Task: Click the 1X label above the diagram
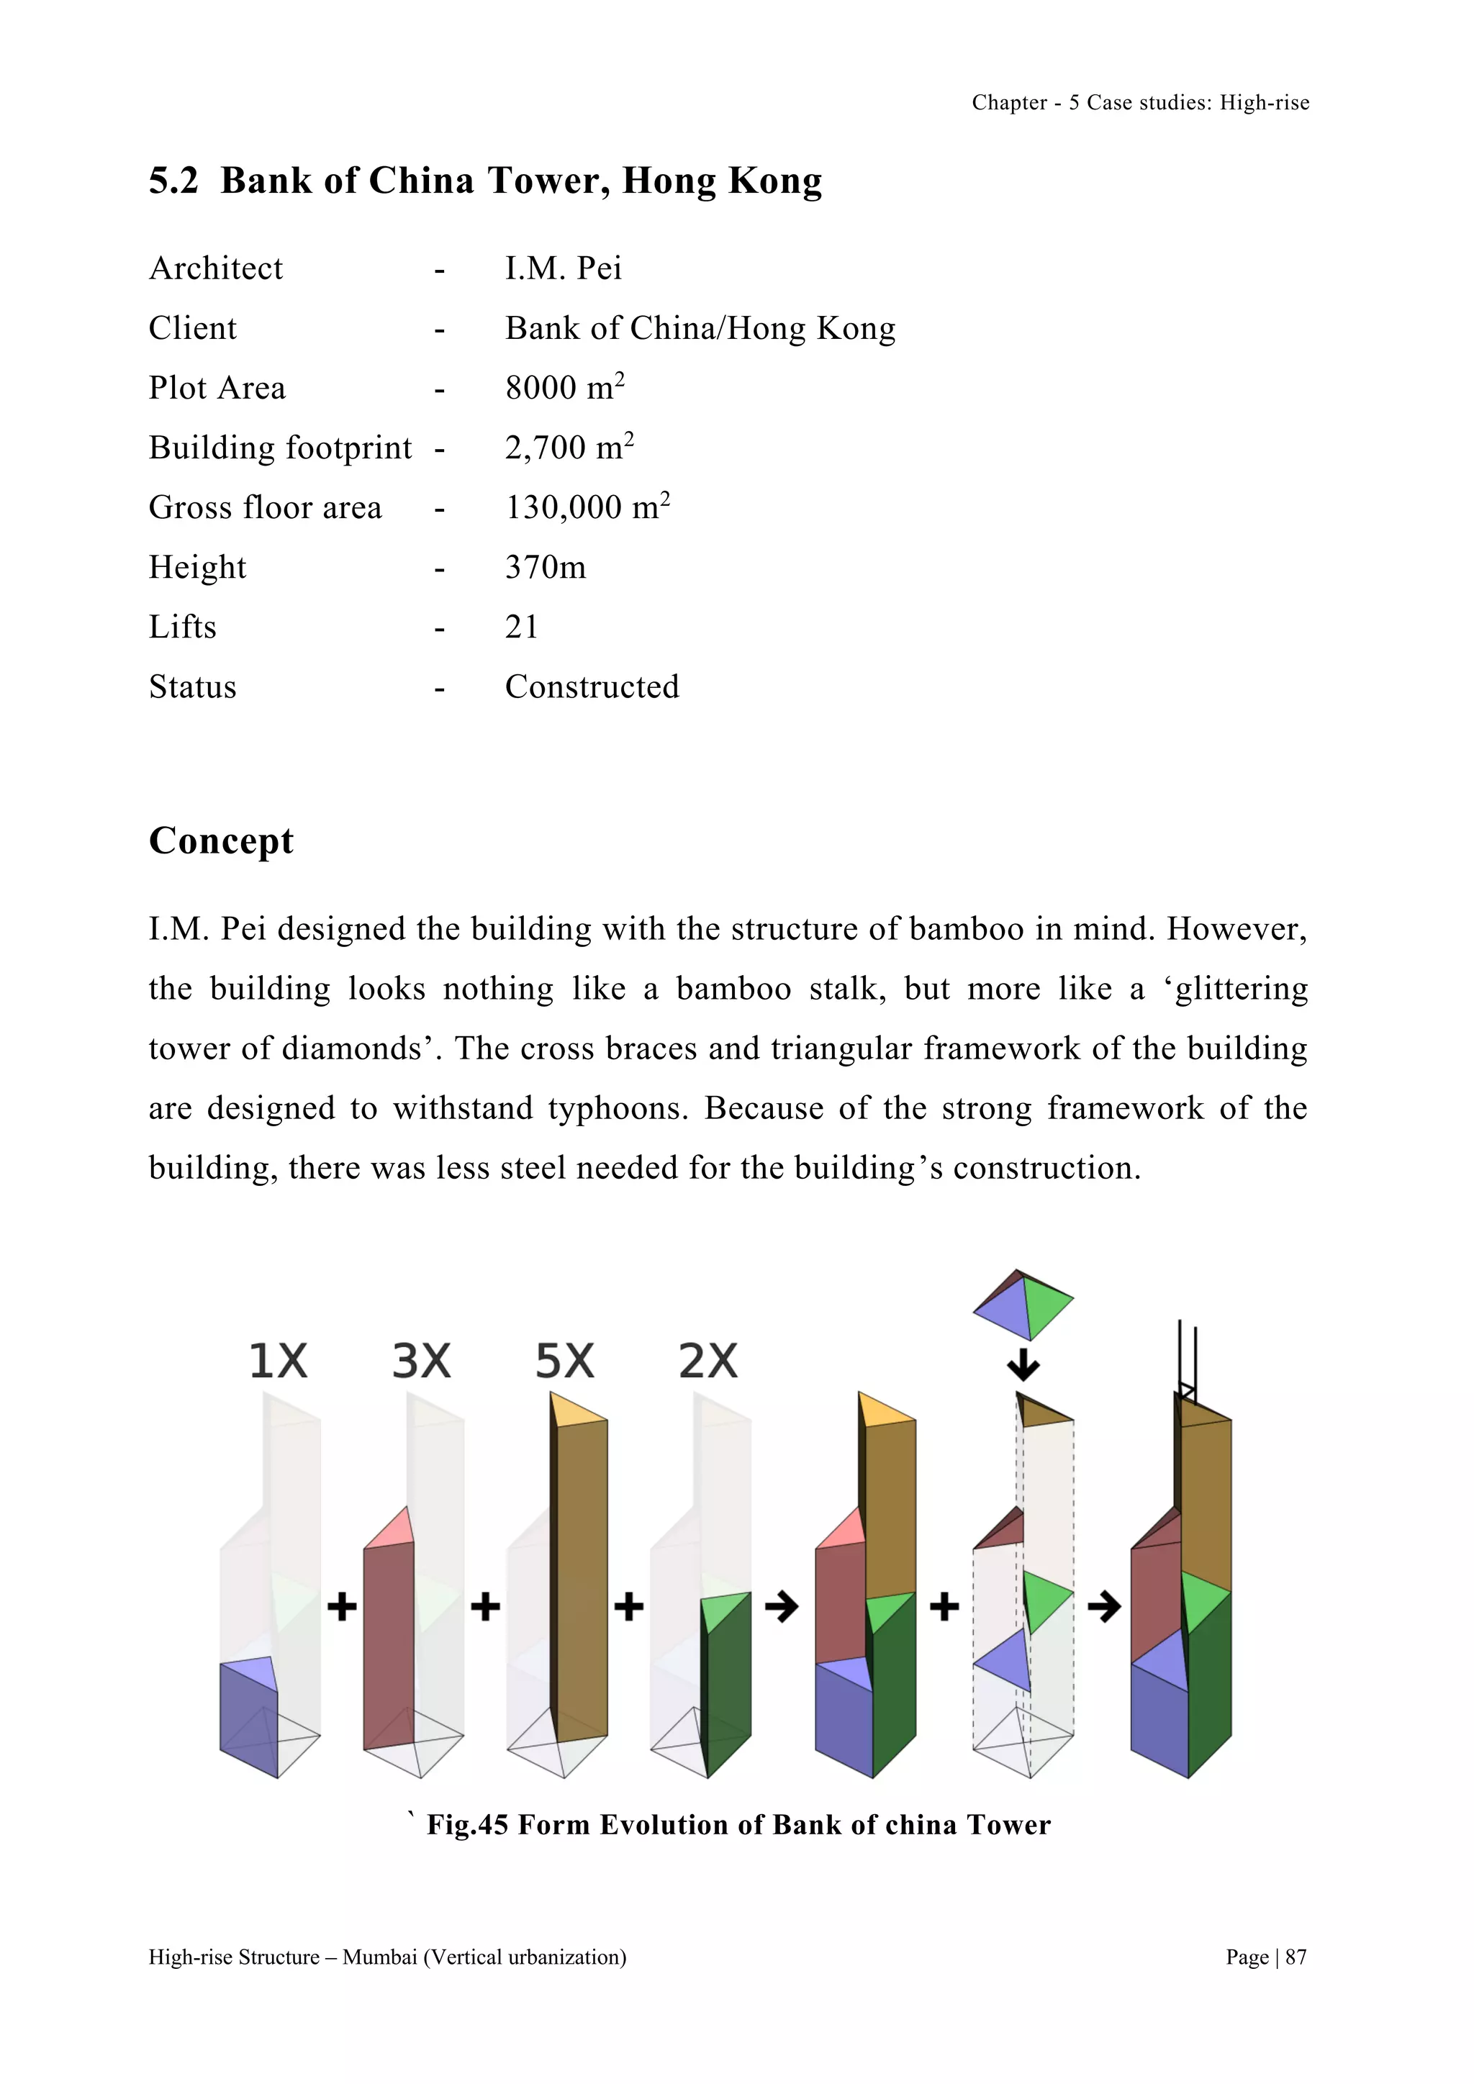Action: point(279,1362)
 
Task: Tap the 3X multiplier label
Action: point(421,1362)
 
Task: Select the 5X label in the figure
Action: point(564,1362)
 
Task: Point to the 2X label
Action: point(708,1362)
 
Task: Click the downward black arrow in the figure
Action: point(1024,1365)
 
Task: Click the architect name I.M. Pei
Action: point(563,268)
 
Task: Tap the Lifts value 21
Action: point(522,628)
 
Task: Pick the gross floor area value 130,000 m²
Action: point(587,507)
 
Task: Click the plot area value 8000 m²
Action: point(564,388)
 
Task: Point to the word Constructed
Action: point(592,687)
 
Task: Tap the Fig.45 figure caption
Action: point(738,1824)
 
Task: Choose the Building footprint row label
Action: point(281,448)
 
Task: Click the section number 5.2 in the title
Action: point(173,181)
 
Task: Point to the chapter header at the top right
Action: point(1140,103)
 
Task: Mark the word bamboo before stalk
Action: point(733,989)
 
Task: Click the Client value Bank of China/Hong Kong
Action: point(700,329)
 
